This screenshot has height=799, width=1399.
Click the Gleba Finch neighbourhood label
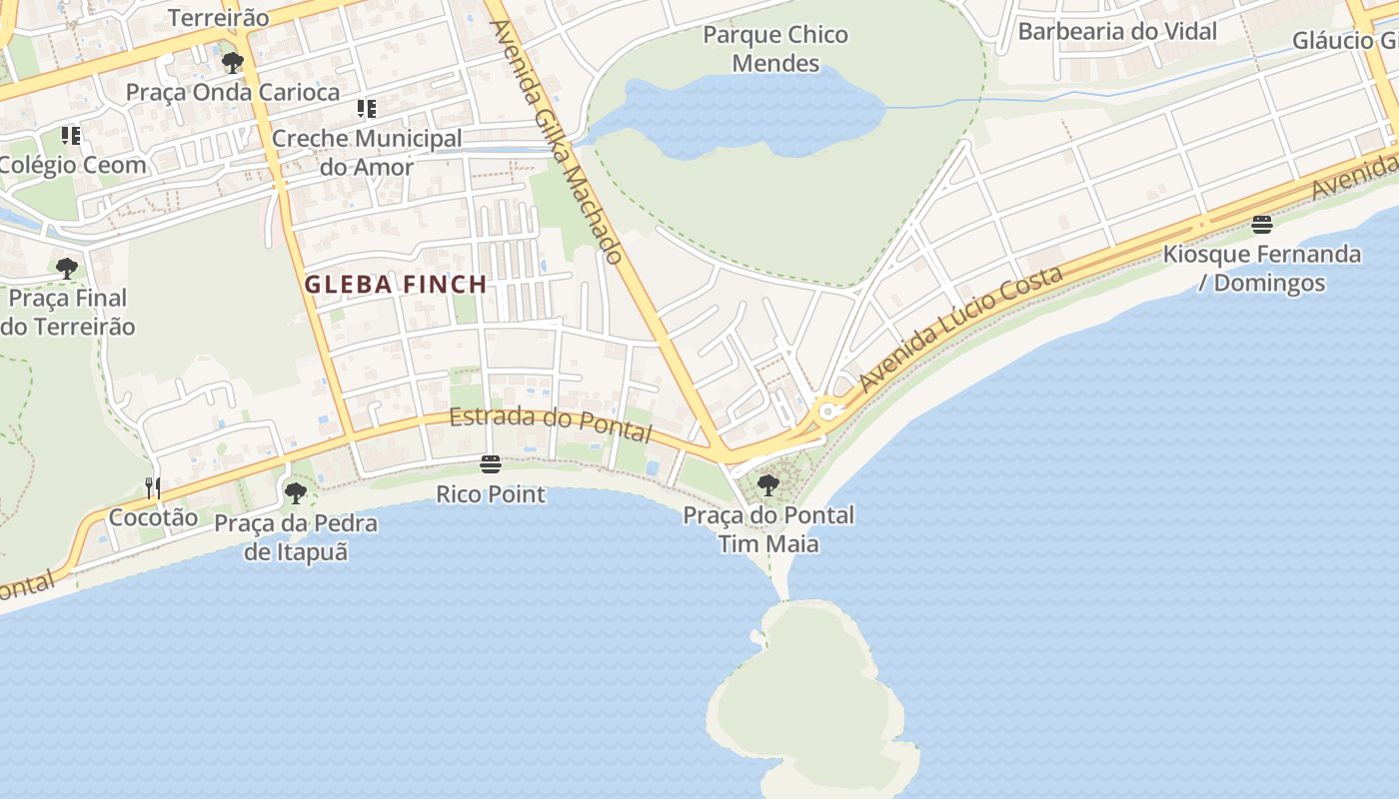pos(396,285)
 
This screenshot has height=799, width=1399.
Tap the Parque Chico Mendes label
pos(775,49)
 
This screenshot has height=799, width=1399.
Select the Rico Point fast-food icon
pos(490,464)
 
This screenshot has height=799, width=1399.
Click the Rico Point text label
pos(491,494)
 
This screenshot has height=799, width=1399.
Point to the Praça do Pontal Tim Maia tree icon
pos(768,486)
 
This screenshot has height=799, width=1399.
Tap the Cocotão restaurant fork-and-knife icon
pos(153,487)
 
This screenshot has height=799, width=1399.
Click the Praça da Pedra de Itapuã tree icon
pos(296,492)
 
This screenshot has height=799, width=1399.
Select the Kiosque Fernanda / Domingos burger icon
pos(1262,225)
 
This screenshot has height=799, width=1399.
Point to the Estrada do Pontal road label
pos(551,424)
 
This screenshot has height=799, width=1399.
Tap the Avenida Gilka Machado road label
pos(558,141)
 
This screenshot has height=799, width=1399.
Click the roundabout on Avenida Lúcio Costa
pos(828,411)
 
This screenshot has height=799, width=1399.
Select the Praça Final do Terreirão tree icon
pos(67,268)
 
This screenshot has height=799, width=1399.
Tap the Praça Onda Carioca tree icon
pos(233,63)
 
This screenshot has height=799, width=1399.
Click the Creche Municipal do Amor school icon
pos(367,108)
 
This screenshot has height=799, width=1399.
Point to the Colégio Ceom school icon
pos(71,135)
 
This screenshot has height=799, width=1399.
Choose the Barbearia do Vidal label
pos(1117,31)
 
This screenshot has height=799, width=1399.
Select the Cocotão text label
pos(153,517)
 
